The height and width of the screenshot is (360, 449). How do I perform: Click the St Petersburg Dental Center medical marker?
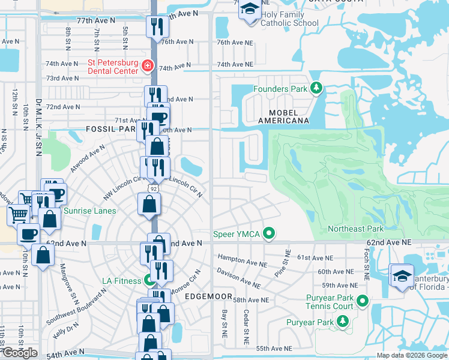point(148,65)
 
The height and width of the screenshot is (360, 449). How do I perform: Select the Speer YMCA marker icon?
point(270,233)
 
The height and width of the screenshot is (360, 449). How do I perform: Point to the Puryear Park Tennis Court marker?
point(362,300)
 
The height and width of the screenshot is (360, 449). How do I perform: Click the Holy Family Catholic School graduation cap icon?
point(249,10)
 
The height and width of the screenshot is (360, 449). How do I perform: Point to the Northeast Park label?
point(355,229)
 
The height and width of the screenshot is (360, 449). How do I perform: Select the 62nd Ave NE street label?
point(388,242)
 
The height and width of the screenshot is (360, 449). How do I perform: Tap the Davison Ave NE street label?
point(239,280)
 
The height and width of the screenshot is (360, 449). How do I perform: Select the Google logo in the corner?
point(20,353)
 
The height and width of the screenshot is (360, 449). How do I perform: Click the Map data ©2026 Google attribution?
point(412,355)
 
